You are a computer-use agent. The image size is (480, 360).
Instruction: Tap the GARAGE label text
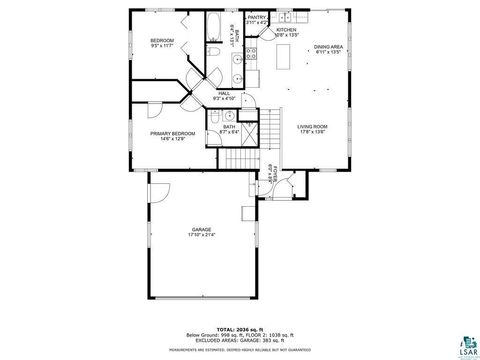click(201, 229)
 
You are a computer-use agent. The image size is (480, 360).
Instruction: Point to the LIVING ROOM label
click(312, 126)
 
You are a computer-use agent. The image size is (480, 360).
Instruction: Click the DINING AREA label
click(329, 47)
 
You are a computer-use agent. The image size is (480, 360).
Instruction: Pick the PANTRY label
click(257, 17)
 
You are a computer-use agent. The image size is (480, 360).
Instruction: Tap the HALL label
click(224, 93)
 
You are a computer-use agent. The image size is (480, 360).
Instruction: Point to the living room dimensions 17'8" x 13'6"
click(312, 132)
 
